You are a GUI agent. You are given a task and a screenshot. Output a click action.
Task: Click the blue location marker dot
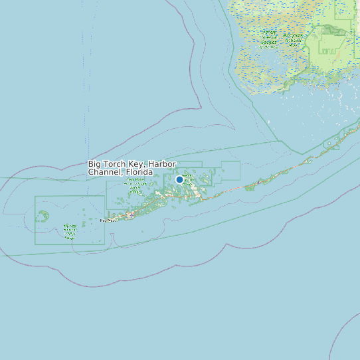(x=179, y=179)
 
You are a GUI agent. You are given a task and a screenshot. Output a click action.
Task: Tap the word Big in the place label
(x=95, y=164)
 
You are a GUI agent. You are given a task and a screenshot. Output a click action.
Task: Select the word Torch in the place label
(x=115, y=164)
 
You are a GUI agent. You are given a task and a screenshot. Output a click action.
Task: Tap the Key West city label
(x=107, y=220)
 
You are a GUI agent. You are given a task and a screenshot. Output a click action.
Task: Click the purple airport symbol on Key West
(x=132, y=215)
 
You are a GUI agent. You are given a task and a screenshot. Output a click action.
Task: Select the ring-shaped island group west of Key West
(x=43, y=216)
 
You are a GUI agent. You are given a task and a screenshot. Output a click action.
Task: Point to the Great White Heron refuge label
(x=135, y=185)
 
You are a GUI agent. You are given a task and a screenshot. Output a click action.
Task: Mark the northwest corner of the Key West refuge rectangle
(x=35, y=197)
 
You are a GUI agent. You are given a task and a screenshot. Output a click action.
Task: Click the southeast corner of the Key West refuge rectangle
(x=104, y=244)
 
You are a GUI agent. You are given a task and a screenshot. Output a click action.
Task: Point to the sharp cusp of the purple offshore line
(x=201, y=107)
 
